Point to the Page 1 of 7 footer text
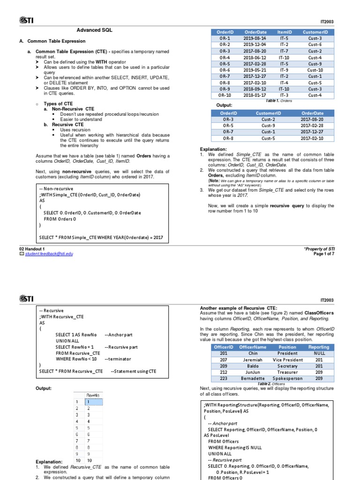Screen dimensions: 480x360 324,254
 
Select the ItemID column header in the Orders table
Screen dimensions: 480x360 285,32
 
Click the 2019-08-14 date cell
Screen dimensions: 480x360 255,38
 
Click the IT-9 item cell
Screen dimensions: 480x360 285,70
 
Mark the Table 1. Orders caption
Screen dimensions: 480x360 278,101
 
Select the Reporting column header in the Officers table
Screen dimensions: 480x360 318,347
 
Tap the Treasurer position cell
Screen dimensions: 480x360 287,372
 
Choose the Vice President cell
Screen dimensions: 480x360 287,360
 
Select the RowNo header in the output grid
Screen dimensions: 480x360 93,395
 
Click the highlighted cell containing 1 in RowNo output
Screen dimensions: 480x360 93,402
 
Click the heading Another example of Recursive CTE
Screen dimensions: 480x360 241,307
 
